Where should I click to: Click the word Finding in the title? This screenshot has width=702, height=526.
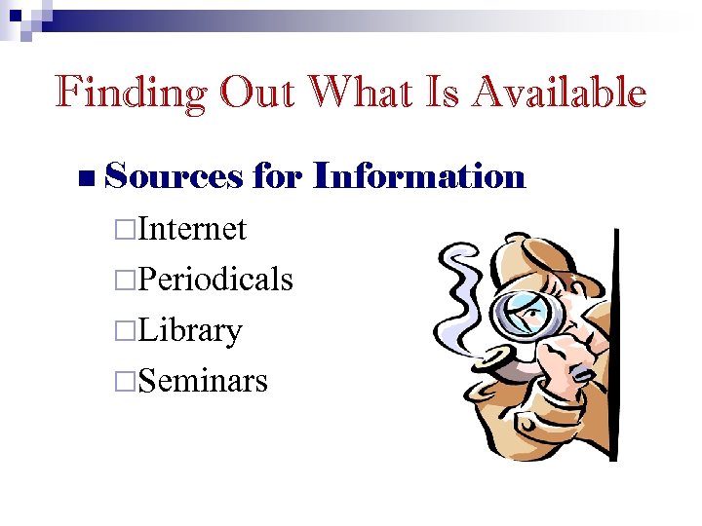coord(131,94)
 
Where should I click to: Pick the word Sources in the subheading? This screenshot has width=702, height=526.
coord(173,176)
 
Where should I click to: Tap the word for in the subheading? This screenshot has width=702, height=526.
coord(278,176)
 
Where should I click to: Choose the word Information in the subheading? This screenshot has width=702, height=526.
coord(419,176)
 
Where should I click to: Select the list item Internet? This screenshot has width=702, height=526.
coord(192,230)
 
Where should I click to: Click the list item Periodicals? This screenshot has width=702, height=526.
coord(215,280)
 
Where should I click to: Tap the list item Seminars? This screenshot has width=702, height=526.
coord(203,380)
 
